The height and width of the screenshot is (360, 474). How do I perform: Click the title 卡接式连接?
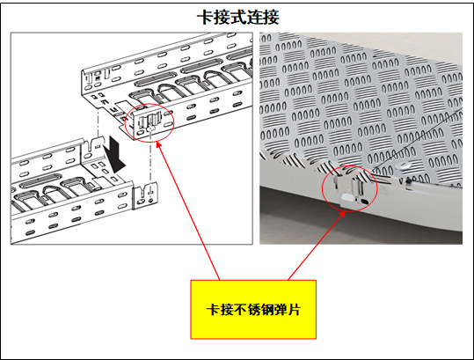[238, 18]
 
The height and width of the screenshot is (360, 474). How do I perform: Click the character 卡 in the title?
[206, 18]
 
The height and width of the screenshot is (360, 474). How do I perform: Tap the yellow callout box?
[253, 309]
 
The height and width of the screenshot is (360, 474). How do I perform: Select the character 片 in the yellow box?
[293, 310]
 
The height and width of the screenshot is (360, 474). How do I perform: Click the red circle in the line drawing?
[149, 104]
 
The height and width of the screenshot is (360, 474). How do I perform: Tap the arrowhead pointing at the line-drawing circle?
[157, 144]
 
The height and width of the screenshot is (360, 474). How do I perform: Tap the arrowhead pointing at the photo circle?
[343, 214]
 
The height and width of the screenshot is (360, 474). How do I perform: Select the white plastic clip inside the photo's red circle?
[347, 201]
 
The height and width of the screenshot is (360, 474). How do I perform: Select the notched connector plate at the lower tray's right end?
[145, 195]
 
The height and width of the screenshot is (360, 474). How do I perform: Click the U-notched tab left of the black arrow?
[92, 147]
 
